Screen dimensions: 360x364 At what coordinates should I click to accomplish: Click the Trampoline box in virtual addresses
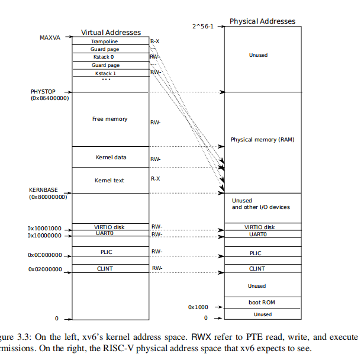pos(110,41)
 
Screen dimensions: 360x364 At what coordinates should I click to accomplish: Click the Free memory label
pos(110,119)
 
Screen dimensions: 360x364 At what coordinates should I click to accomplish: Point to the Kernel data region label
pos(111,157)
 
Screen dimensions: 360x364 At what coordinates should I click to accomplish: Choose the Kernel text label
pos(109,180)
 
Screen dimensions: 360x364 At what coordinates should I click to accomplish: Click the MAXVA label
pos(51,37)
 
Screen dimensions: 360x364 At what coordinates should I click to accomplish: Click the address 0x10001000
pos(44,228)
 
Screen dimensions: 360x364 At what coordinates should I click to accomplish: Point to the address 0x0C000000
pos(44,255)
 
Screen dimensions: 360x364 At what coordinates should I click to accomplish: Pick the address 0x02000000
pos(44,269)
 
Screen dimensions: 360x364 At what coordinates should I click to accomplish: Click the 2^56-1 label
pos(203,26)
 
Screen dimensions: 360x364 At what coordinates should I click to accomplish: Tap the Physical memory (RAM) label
pos(262,140)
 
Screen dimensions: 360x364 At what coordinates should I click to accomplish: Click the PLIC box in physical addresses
pos(256,253)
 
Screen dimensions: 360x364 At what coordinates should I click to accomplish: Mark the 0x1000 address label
pos(198,307)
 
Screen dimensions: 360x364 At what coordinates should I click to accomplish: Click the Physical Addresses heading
pos(262,21)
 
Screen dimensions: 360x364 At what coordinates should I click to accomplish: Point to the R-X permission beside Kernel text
pos(155,179)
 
